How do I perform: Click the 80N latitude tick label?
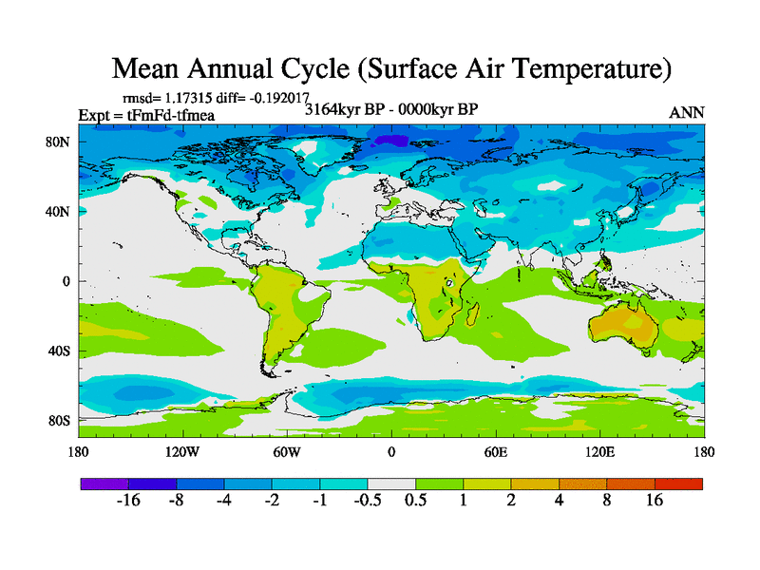coord(59,142)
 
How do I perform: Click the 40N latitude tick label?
coord(59,212)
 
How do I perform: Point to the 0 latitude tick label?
coord(66,281)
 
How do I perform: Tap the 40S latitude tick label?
coord(59,351)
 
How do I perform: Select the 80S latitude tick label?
coord(59,420)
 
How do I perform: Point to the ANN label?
coord(687,112)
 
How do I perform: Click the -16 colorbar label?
coord(128,501)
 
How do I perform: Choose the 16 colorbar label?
coord(655,501)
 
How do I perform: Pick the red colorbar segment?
coord(679,484)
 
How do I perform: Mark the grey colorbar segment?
coord(391,484)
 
